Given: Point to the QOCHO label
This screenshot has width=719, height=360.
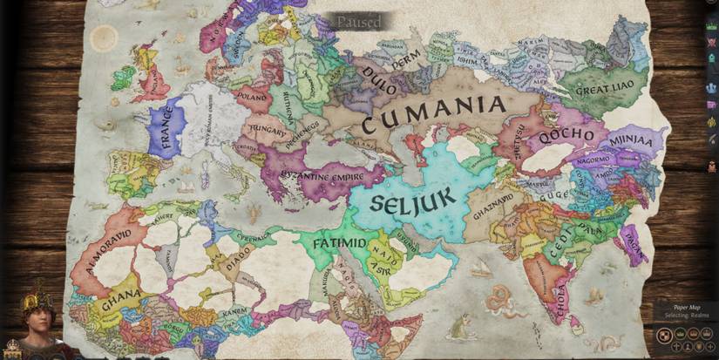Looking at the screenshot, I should click(x=566, y=137).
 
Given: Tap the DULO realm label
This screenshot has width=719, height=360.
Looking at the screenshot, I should click(x=381, y=74).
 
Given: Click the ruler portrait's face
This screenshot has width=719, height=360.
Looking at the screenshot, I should click(x=39, y=320).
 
